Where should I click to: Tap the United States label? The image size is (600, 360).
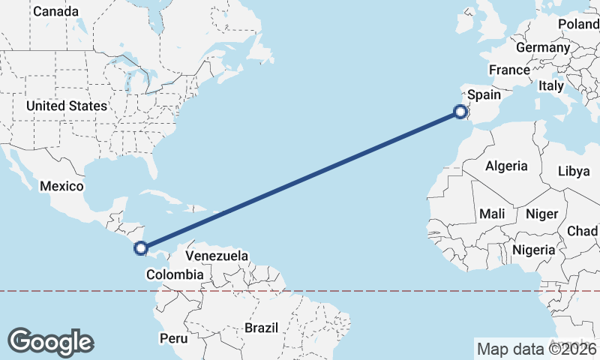click(x=66, y=106)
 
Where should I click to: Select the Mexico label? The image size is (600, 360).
click(x=61, y=185)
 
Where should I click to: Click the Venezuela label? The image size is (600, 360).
click(x=217, y=256)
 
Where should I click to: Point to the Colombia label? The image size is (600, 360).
click(x=175, y=275)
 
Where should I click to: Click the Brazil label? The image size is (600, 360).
click(x=261, y=328)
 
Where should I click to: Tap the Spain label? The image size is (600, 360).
click(x=484, y=95)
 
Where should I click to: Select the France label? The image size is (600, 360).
click(x=509, y=70)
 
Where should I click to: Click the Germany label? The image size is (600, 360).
click(x=543, y=47)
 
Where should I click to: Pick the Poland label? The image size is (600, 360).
click(x=578, y=25)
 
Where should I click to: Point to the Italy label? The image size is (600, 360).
click(x=551, y=86)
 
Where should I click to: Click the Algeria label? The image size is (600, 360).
click(x=506, y=166)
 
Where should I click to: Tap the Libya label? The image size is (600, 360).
click(x=574, y=171)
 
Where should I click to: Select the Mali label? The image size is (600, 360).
click(x=492, y=214)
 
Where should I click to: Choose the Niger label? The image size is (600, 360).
click(x=541, y=214)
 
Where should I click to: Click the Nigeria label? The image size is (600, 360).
click(x=534, y=250)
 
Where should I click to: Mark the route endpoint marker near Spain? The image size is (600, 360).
click(x=460, y=112)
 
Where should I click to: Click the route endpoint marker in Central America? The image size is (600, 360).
click(x=140, y=247)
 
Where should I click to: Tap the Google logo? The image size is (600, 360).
click(x=50, y=341)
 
